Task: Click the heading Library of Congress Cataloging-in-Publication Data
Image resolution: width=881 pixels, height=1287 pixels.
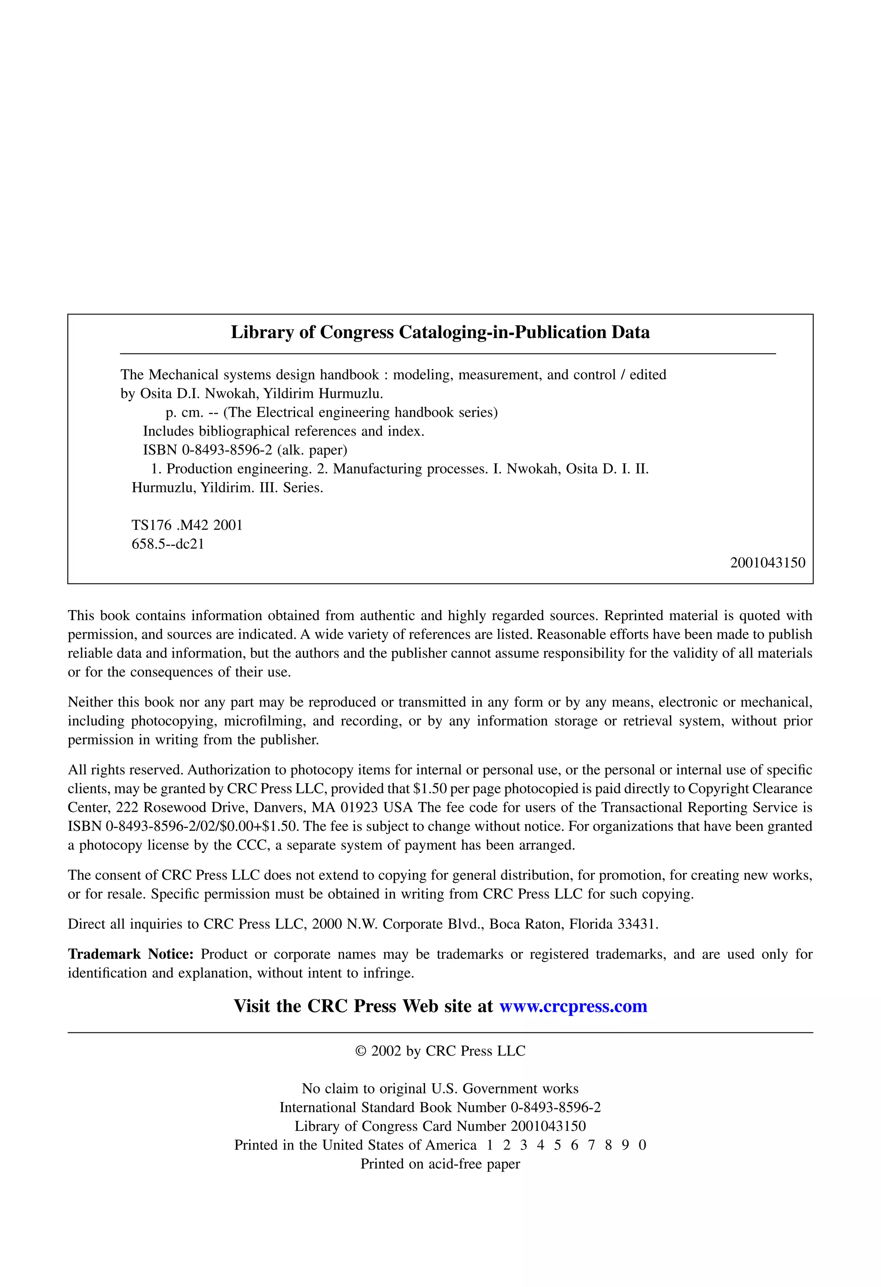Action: coord(440,332)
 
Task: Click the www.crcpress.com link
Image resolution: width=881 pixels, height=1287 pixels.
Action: coord(573,1006)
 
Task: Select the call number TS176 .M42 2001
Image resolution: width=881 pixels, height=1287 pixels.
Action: coord(187,525)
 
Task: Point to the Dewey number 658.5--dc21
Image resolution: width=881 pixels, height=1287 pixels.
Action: coord(168,544)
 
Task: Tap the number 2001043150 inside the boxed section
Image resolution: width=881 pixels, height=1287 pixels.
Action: coord(767,562)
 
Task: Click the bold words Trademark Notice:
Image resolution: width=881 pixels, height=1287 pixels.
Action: coord(130,954)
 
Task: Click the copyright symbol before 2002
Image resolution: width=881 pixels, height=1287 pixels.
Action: coord(361,1051)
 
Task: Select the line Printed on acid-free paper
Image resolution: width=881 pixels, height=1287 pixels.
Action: coord(440,1164)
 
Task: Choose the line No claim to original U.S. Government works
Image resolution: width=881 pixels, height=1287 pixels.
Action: coord(440,1089)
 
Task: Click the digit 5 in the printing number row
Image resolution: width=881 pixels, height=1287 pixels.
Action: coord(558,1145)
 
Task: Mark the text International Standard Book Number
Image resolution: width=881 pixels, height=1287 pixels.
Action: coord(392,1107)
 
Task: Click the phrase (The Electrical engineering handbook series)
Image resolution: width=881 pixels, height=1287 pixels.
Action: coord(360,412)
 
